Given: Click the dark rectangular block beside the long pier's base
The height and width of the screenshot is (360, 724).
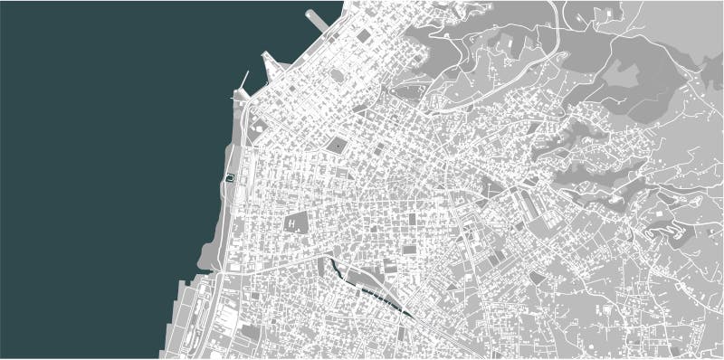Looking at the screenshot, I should [363, 36].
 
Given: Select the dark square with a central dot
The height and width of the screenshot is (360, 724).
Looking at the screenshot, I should [337, 144].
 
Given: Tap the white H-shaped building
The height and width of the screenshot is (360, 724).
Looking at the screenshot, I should [295, 221].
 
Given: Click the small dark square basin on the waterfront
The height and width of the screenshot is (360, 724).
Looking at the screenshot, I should [231, 178].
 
